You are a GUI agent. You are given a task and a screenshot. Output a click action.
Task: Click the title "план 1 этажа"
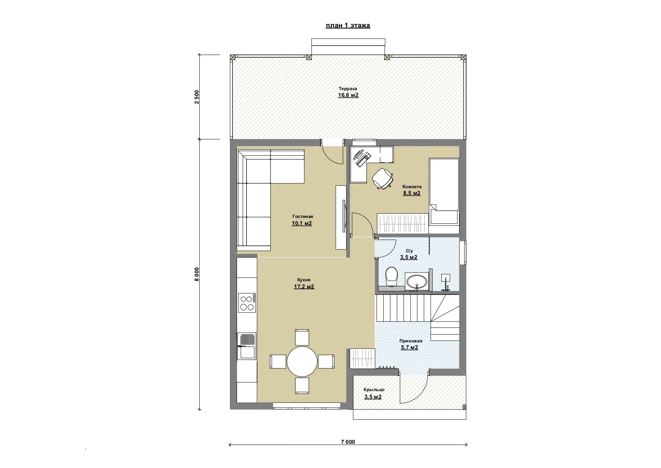coord(348,26)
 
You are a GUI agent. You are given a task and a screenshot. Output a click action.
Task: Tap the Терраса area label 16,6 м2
coord(348,95)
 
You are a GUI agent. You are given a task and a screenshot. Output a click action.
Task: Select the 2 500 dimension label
coord(196,97)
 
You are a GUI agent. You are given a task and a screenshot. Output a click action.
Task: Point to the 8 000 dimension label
coord(196,274)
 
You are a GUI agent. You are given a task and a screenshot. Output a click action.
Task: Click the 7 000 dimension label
coord(348,442)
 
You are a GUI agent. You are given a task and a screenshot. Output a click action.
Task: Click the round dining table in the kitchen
coord(302,361)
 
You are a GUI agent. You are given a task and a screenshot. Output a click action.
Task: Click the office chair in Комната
coord(383,178)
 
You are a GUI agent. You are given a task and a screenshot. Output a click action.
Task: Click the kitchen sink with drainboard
coord(246,346)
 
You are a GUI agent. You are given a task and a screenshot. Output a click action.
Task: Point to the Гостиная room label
coord(303,216)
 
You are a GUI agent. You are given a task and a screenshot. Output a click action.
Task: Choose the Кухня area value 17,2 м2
coord(304,287)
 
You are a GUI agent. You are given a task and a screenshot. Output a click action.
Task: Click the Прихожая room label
coord(411,341)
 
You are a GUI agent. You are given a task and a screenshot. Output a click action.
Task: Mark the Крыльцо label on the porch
coord(374,390)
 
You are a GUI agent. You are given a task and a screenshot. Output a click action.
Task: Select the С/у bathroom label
coord(409,251)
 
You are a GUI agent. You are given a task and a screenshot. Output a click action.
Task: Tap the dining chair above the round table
coord(302,337)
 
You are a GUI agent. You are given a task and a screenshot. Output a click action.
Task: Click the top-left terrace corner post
coord(233,57)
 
